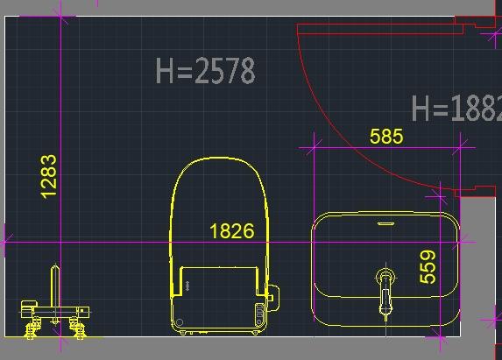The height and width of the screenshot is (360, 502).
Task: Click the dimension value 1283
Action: click(49, 177)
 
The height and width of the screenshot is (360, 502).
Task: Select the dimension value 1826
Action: click(232, 230)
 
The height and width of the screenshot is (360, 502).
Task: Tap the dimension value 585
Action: click(386, 137)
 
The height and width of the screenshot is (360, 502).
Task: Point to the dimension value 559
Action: click(428, 267)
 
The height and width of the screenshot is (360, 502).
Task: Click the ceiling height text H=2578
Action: click(205, 71)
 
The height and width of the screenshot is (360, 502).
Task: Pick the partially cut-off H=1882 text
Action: click(456, 109)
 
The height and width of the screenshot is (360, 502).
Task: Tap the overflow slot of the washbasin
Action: click(385, 223)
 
